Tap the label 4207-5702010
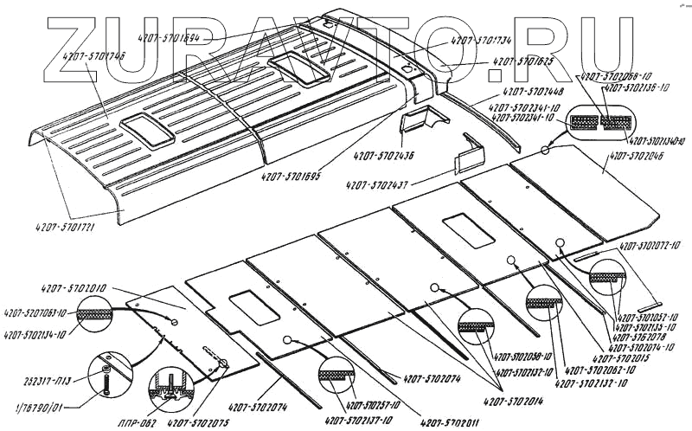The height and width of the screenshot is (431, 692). [x=74, y=286]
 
